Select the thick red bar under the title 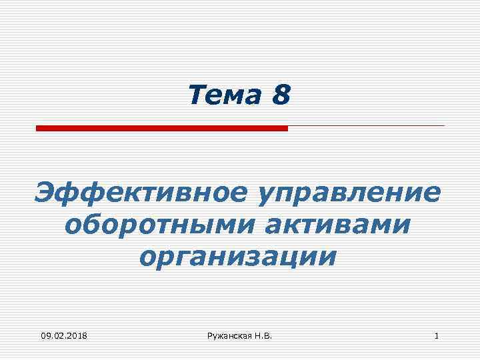coord(161,127)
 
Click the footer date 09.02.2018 coord(63,336)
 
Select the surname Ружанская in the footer coord(229,336)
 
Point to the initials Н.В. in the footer coord(263,336)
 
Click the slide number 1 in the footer coord(436,336)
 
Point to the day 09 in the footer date coord(45,336)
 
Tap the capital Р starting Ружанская coord(210,336)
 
